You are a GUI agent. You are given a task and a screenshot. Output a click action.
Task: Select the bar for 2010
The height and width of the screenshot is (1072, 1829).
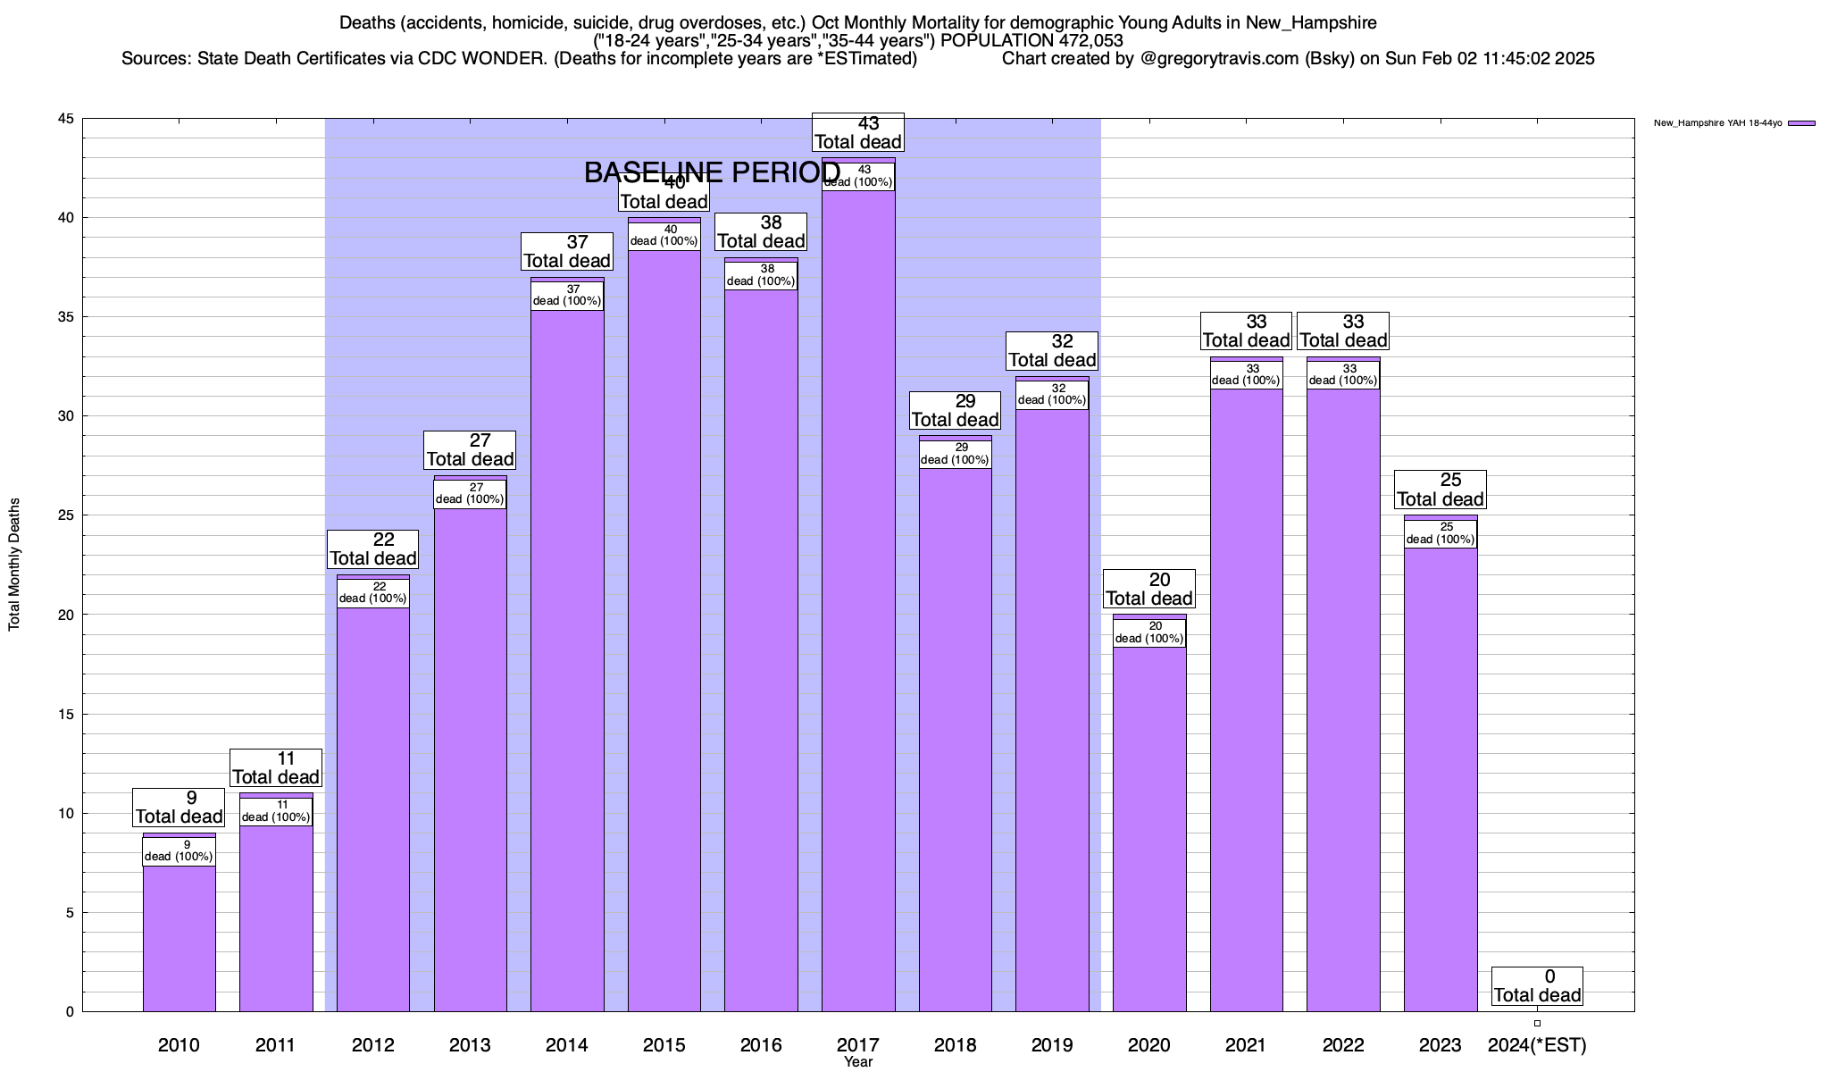[179, 938]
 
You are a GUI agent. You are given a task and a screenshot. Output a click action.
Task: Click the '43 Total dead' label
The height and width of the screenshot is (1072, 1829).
[858, 132]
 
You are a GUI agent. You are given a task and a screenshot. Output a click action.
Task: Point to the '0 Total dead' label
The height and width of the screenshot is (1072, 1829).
[1537, 986]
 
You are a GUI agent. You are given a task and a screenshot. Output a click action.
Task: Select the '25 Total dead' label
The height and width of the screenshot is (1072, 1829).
[1441, 490]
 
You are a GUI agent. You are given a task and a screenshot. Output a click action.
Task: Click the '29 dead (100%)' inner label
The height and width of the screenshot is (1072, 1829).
[955, 454]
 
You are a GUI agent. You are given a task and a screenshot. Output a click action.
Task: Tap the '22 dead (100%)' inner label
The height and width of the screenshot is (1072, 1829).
[373, 592]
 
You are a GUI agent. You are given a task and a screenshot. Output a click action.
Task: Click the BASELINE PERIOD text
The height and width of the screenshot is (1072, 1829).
[712, 172]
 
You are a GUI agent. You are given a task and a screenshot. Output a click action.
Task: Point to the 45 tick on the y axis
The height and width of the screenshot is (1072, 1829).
[66, 119]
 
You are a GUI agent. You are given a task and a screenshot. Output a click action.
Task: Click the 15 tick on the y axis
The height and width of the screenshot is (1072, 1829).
[66, 714]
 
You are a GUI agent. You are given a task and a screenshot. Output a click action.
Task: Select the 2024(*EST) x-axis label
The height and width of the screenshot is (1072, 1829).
[1537, 1044]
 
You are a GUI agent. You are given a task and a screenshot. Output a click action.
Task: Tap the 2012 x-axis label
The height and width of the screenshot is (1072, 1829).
[373, 1044]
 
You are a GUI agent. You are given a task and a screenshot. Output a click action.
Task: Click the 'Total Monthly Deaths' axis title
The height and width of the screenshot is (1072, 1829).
[14, 565]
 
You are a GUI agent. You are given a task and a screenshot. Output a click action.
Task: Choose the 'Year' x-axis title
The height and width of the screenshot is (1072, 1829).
[858, 1062]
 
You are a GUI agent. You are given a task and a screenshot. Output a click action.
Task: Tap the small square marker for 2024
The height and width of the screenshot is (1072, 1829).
[1537, 1024]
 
